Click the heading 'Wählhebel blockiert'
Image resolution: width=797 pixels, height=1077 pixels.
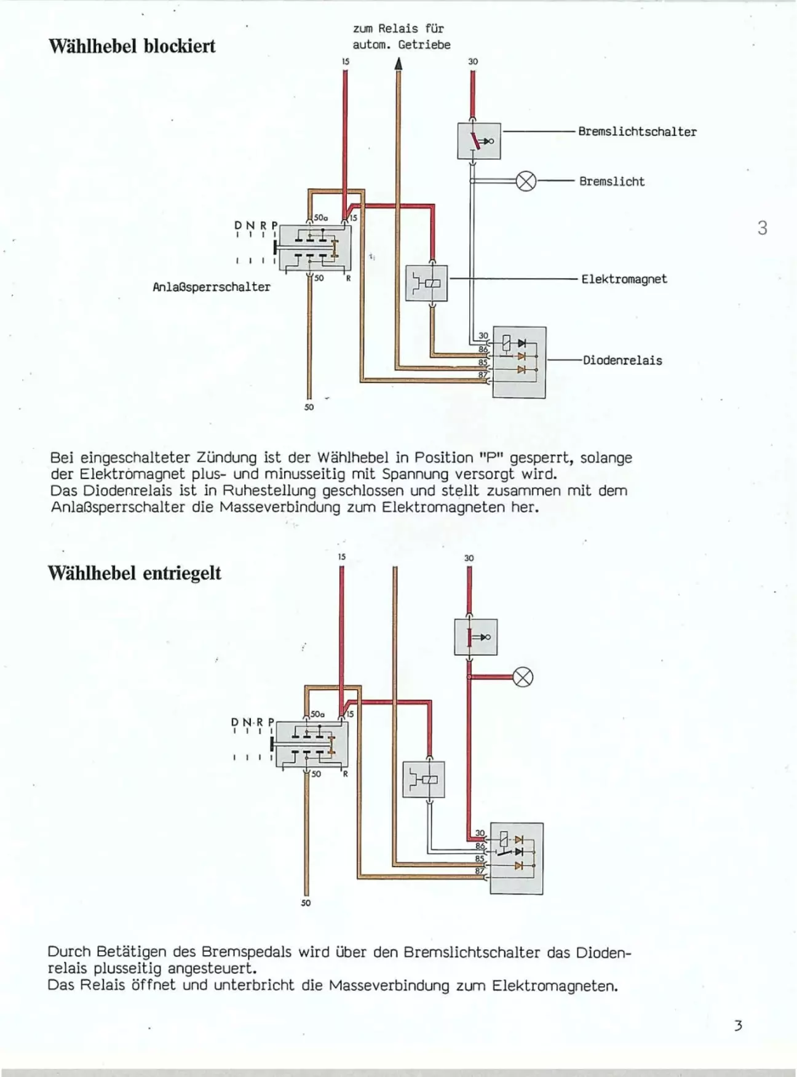click(x=132, y=46)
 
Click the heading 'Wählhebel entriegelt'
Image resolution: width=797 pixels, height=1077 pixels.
click(x=135, y=573)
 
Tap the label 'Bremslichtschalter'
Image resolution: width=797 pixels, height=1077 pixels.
click(x=637, y=132)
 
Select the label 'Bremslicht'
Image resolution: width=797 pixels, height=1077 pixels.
click(x=612, y=181)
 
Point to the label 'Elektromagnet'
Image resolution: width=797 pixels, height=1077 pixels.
click(x=624, y=279)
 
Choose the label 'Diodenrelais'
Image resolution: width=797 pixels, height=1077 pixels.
click(x=622, y=360)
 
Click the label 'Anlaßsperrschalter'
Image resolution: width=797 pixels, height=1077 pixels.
click(x=212, y=287)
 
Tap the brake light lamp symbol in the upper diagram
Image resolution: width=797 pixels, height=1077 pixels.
click(x=526, y=181)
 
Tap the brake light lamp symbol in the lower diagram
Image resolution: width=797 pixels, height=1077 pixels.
click(x=523, y=678)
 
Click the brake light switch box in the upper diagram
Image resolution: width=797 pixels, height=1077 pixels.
click(x=479, y=141)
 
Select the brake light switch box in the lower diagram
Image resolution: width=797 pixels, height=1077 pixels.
click(x=476, y=637)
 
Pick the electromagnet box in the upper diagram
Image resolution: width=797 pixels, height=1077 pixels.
click(x=427, y=283)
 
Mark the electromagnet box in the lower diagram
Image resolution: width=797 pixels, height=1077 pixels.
click(x=424, y=779)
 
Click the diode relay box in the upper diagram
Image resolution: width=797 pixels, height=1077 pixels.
click(x=520, y=362)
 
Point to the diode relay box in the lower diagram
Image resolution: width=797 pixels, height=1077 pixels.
click(x=517, y=859)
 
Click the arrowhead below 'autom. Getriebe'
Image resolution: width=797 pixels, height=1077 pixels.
click(x=398, y=63)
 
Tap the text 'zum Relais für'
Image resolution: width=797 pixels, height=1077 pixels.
click(x=398, y=28)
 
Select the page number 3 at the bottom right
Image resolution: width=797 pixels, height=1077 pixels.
click(x=738, y=1025)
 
